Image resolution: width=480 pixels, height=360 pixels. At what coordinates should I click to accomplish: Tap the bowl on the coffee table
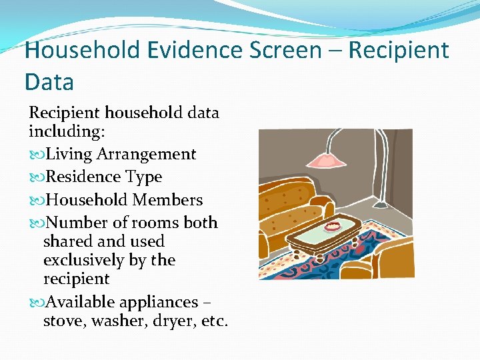pos(331,227)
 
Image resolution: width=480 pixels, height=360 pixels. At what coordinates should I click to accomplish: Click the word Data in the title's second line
pos(49,82)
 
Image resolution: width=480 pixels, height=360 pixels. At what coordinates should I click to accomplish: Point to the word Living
pos(69,155)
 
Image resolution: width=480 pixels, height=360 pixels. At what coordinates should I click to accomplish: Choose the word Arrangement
pos(146,155)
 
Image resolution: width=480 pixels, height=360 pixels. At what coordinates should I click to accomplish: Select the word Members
pos(167,200)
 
